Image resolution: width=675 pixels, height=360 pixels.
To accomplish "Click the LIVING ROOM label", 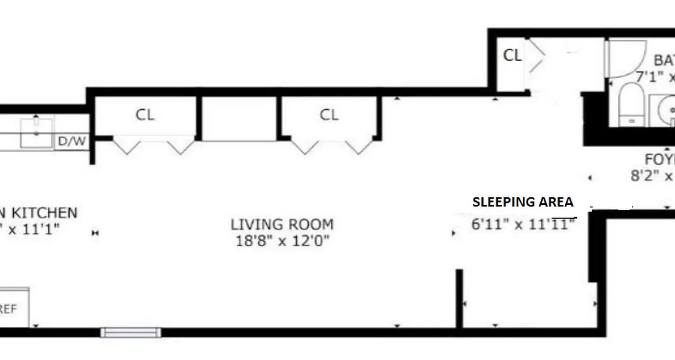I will [282, 224].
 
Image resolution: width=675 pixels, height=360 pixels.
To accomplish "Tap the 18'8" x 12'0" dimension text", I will [282, 241].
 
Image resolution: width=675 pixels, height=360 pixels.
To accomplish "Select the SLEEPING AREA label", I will [523, 202].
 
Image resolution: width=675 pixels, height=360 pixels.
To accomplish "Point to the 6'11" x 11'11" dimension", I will [524, 224].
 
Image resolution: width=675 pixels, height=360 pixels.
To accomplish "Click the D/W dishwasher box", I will [72, 142].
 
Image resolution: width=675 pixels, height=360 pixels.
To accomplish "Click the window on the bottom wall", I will [130, 333].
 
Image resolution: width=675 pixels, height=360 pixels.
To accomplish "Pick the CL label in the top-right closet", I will [512, 55].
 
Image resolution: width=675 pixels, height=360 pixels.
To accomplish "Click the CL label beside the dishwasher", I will [145, 115].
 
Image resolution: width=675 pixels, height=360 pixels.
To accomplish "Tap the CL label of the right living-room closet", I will [329, 115].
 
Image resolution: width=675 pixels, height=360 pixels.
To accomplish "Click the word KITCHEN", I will [44, 212].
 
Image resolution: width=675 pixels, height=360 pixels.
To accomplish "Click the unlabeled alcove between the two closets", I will [238, 118].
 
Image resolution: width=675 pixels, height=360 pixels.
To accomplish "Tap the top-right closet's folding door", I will [535, 56].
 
